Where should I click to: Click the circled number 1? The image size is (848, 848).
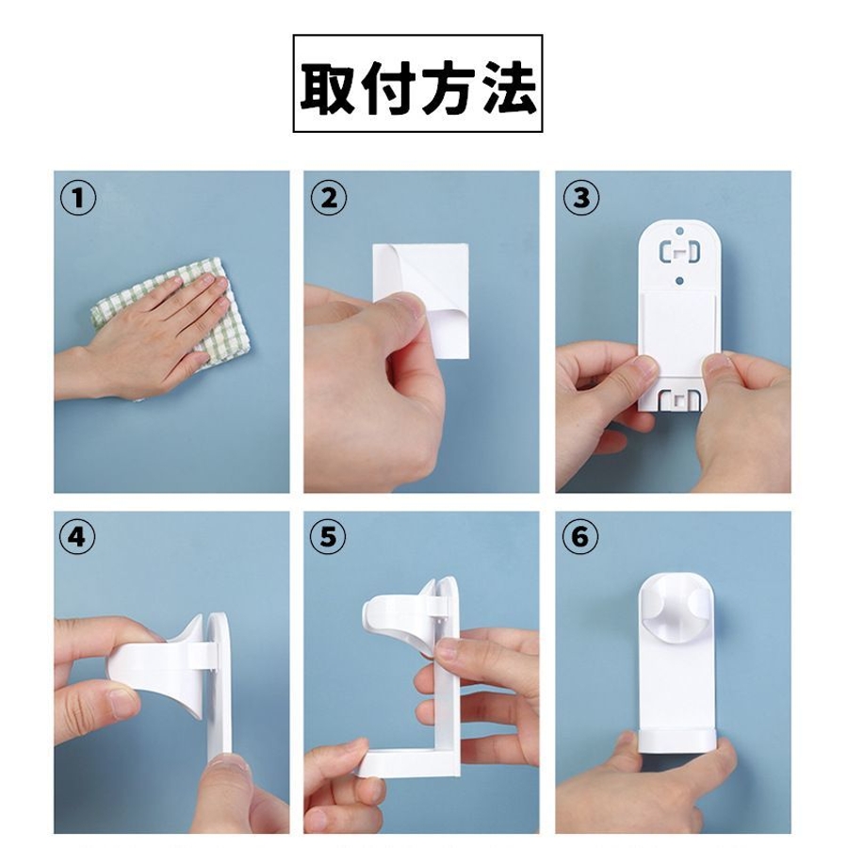tap(78, 198)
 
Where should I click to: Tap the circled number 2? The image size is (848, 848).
tap(328, 198)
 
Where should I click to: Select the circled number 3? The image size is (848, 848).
tap(581, 198)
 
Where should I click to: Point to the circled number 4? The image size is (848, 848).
tap(77, 537)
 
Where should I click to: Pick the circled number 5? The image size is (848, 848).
tap(328, 537)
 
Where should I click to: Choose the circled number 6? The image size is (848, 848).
tap(580, 537)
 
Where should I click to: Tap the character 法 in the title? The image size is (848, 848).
tap(510, 88)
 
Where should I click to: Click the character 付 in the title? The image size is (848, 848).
tap(388, 88)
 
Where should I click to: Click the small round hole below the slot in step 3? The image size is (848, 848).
tap(680, 280)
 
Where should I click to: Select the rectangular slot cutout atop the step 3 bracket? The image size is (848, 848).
tap(679, 252)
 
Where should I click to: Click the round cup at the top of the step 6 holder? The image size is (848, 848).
tap(678, 609)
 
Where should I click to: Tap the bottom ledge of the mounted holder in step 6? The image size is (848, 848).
tap(677, 741)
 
